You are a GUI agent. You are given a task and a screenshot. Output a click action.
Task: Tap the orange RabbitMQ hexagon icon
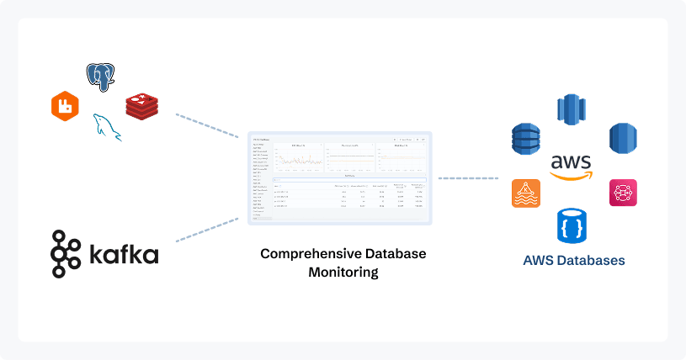(x=65, y=107)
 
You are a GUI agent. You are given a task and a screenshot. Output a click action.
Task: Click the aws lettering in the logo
(x=571, y=161)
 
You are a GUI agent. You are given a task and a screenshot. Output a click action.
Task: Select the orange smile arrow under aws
(x=572, y=175)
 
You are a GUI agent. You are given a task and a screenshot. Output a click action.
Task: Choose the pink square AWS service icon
(x=623, y=193)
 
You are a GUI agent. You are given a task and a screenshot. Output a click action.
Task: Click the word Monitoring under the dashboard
(x=342, y=272)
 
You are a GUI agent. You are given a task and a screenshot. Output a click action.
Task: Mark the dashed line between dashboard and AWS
(x=468, y=178)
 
